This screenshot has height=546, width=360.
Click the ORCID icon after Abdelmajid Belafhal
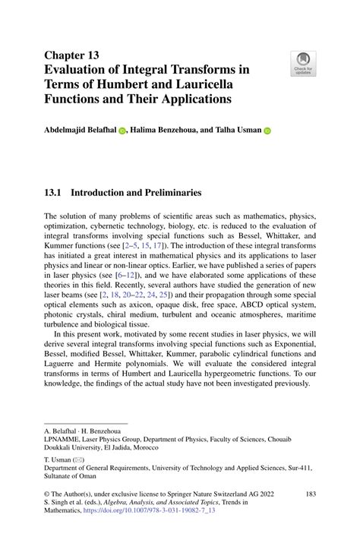[122, 131]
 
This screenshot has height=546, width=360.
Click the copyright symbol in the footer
[48, 494]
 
